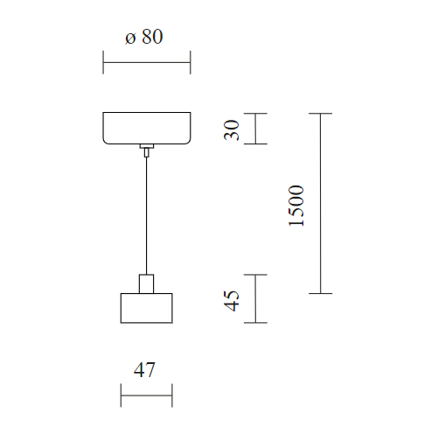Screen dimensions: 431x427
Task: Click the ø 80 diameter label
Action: coord(144,37)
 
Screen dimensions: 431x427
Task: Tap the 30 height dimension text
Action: coord(232,130)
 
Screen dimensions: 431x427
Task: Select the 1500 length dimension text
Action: coord(295,206)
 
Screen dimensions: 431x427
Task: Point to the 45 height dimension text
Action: coord(232,301)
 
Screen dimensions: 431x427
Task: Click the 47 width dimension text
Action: coord(144,370)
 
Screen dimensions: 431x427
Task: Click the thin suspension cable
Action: coord(146,215)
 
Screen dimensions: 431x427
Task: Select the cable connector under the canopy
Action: coord(147,150)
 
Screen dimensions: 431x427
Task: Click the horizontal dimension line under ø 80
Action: coord(147,62)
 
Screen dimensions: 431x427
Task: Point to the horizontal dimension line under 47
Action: coord(147,395)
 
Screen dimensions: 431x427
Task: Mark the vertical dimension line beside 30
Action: coord(255,129)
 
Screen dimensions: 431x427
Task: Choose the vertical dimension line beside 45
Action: coord(255,298)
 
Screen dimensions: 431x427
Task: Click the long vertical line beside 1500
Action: coord(321,203)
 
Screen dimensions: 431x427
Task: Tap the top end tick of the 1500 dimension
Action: coord(321,113)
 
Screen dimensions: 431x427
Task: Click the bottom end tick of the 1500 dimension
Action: coord(321,293)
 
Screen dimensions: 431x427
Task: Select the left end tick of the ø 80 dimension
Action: coord(103,62)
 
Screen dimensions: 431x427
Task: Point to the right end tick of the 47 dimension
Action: coord(172,395)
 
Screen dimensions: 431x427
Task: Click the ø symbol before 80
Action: coord(130,38)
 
